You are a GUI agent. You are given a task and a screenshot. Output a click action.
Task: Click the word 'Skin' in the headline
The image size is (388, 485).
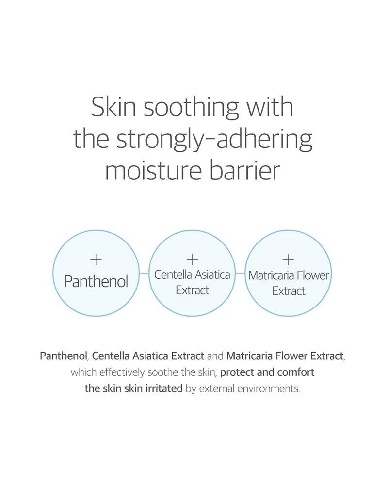tap(113, 107)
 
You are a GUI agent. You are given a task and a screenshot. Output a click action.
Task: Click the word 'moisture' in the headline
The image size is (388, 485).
tap(154, 171)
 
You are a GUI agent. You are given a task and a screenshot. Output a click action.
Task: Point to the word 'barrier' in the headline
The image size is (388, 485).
tap(245, 170)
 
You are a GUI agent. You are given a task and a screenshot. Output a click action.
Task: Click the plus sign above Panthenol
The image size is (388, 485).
tap(96, 260)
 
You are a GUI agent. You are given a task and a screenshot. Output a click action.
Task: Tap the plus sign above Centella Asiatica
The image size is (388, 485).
tap(192, 260)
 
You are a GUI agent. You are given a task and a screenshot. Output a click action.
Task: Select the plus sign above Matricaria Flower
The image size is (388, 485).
tap(289, 260)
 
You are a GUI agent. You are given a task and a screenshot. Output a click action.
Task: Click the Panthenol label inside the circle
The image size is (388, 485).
tap(96, 281)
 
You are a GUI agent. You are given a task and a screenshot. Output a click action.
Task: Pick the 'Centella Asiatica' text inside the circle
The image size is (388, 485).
tap(192, 275)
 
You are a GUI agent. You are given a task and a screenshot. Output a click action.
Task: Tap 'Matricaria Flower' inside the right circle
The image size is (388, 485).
tap(289, 275)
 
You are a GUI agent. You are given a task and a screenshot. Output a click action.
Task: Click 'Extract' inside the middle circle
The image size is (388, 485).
tap(192, 291)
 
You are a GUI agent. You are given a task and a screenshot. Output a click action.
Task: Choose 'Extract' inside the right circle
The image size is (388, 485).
tap(289, 291)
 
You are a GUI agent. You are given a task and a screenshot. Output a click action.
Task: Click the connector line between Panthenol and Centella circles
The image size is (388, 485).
tap(144, 273)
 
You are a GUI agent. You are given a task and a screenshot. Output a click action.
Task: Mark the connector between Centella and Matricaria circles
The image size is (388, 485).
tap(240, 273)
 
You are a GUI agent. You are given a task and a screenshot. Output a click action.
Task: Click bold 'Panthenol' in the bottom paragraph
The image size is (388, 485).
tap(64, 356)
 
